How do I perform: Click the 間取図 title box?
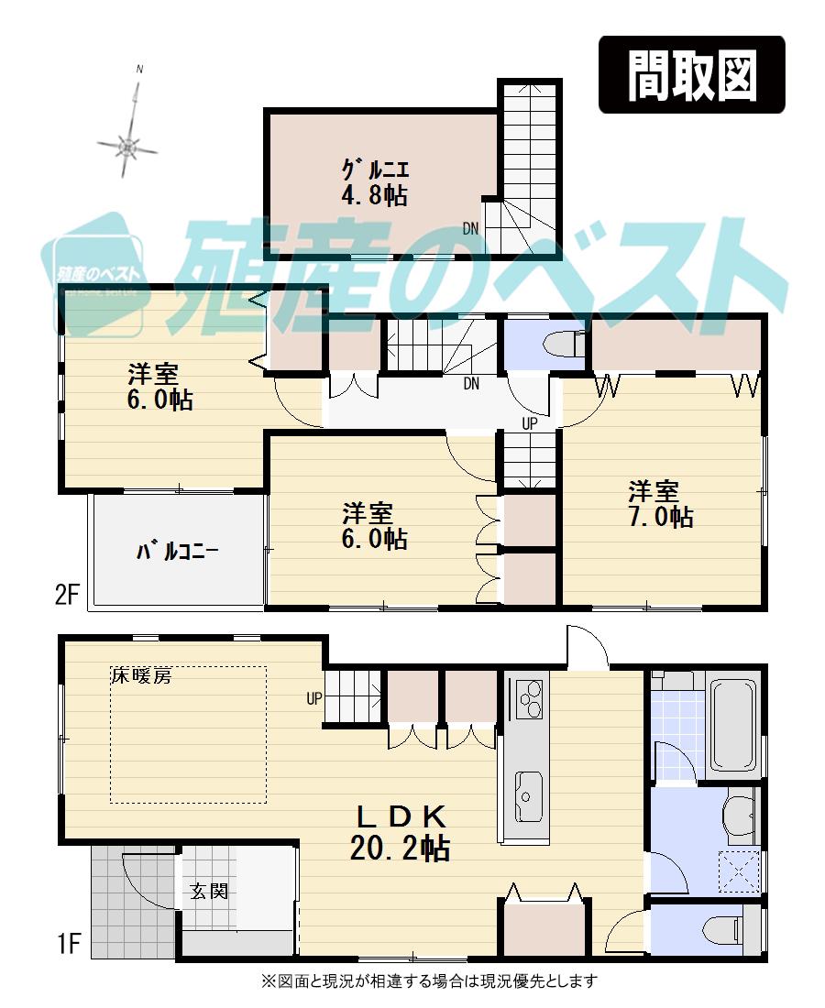pos(692,75)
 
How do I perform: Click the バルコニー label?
pos(178,552)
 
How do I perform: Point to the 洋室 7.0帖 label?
pos(660,503)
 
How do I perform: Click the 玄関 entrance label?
pos(209,891)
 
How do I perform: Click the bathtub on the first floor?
pos(733,723)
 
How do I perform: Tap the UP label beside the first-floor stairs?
pos(314,698)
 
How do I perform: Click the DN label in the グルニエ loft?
pos(470,229)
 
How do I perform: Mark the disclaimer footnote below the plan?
pos(429,981)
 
